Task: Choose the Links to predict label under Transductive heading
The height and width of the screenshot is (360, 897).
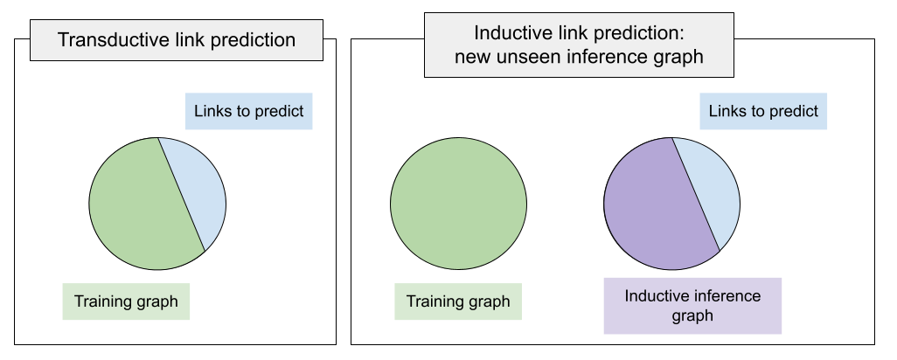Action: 249,112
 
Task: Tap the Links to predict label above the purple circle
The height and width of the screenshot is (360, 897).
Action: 763,111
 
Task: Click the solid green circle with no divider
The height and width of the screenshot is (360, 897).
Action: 458,203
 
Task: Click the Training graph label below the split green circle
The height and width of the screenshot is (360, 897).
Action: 126,302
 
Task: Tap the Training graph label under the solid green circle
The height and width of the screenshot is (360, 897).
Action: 458,302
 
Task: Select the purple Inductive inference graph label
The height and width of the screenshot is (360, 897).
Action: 692,306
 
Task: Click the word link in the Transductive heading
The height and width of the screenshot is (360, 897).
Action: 193,40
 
